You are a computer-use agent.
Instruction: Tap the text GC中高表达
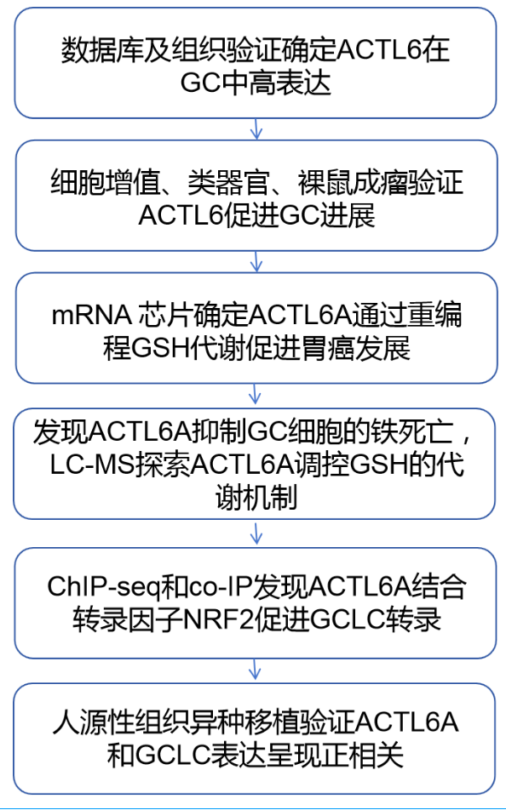click(x=256, y=83)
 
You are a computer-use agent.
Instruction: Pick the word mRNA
click(x=91, y=315)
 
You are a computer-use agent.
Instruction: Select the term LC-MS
click(x=93, y=465)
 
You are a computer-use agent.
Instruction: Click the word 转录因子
click(x=127, y=620)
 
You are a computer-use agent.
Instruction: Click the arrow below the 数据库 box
click(x=256, y=129)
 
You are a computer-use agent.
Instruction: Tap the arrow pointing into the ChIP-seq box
click(x=256, y=533)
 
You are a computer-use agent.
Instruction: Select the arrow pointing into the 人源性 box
click(x=255, y=669)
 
